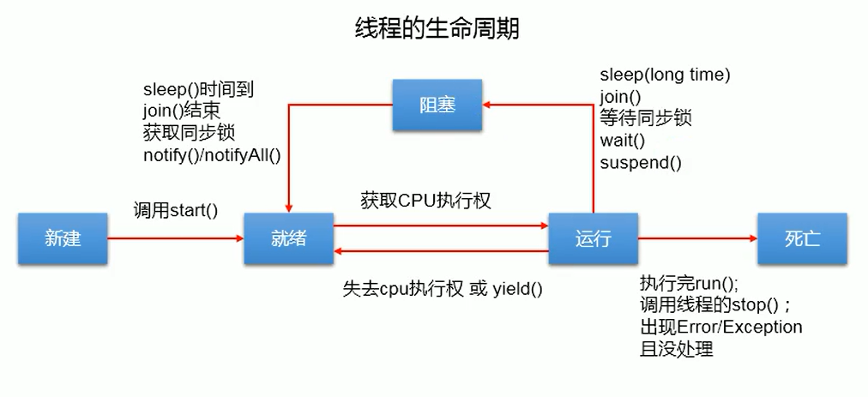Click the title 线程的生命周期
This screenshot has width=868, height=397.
437,27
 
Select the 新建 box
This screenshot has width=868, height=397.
63,238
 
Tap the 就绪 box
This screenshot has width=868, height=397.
288,238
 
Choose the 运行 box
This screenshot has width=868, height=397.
594,238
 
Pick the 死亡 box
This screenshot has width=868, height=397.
802,238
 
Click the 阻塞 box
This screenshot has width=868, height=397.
437,105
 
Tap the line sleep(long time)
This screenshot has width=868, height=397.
665,75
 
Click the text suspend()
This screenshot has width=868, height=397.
641,162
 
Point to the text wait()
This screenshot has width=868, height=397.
623,141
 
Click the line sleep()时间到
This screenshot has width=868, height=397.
198,89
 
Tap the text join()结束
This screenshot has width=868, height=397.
183,111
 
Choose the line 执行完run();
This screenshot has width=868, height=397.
689,284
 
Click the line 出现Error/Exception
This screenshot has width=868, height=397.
720,328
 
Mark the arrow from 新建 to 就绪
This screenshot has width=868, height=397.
176,239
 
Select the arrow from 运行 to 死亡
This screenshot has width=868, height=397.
697,239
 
